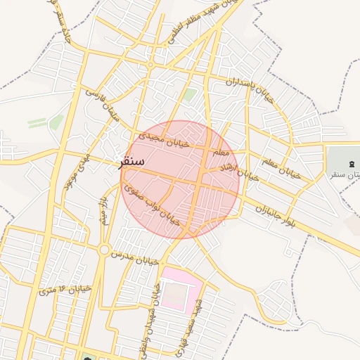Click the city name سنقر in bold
[x=131, y=161]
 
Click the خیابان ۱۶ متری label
[x=66, y=289]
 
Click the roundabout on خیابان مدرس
[x=104, y=250]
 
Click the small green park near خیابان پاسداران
[x=189, y=94]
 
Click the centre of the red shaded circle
[x=180, y=179]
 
